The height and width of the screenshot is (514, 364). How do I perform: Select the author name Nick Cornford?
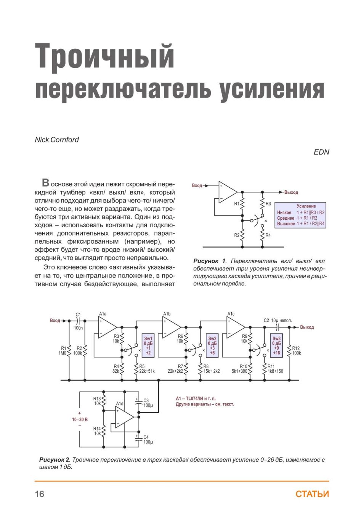(57, 139)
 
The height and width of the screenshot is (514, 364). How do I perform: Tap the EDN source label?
(321, 152)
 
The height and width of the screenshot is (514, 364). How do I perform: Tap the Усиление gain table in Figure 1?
(300, 215)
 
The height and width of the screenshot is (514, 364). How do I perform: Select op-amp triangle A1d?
(124, 417)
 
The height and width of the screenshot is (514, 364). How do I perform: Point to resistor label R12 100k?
(296, 351)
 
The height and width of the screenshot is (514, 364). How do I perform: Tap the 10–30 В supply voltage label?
(80, 420)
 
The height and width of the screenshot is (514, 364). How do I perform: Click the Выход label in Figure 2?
(307, 327)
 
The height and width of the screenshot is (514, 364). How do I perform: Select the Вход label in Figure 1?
(197, 185)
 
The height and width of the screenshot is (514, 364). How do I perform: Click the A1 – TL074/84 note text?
(196, 399)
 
